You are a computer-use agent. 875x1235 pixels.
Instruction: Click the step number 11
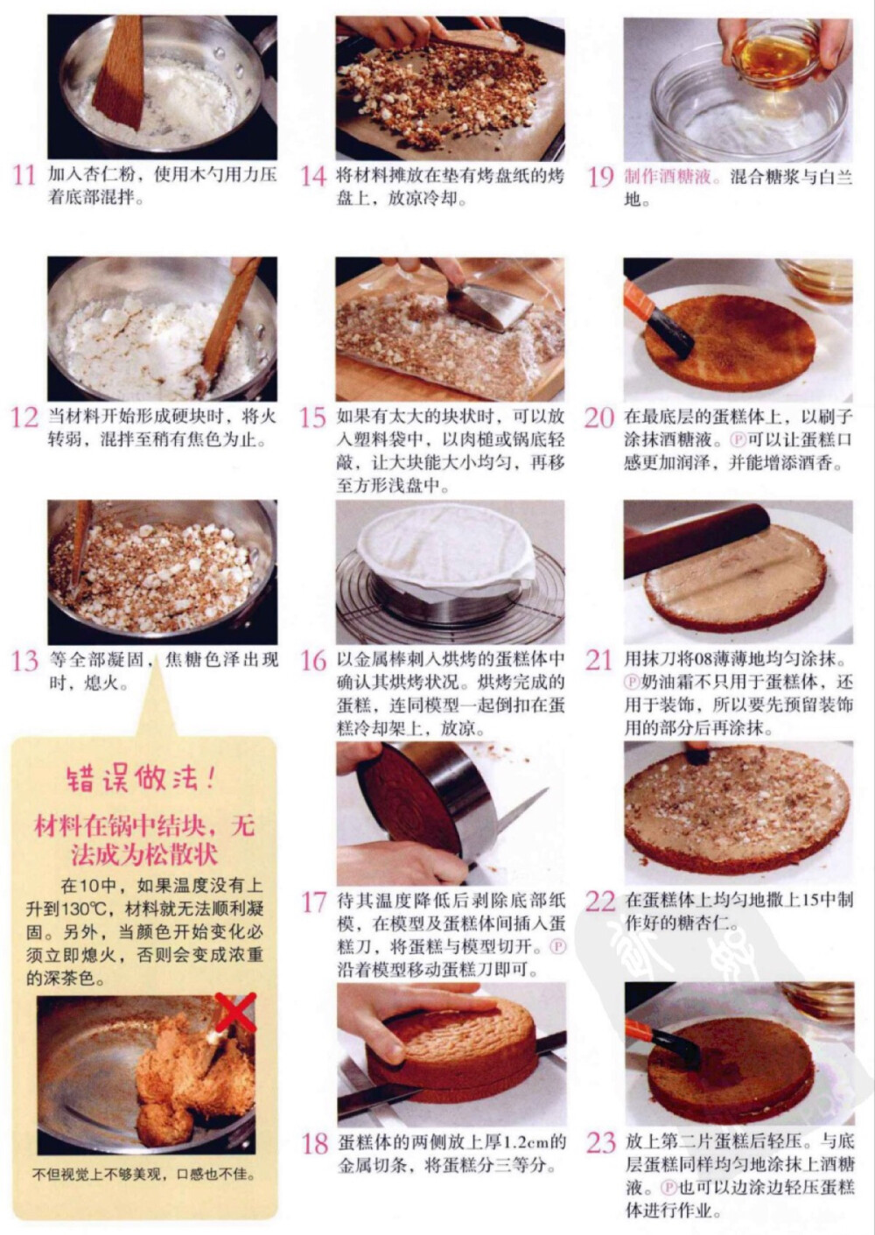[x=24, y=174]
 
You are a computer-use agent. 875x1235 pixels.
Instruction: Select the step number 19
[x=600, y=176]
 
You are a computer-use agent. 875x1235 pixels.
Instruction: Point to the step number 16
[x=313, y=660]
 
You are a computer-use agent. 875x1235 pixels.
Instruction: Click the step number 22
[x=600, y=901]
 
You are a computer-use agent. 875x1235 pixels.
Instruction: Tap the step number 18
[x=314, y=1143]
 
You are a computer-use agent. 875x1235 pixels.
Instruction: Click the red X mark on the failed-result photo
[x=234, y=1013]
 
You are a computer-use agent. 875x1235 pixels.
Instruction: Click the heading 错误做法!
[x=140, y=777]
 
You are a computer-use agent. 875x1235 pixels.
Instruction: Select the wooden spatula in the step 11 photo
[x=119, y=74]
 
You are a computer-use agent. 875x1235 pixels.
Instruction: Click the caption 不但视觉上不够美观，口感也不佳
[x=144, y=1175]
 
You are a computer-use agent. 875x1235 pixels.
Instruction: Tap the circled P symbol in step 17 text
[x=557, y=947]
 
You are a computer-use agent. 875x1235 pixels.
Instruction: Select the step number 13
[x=24, y=660]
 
